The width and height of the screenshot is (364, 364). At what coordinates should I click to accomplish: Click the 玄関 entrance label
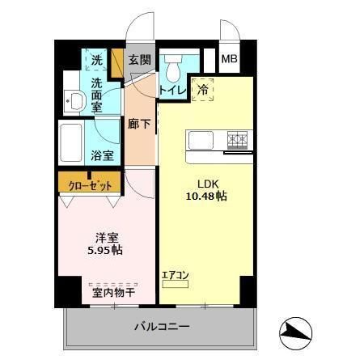[x=139, y=59]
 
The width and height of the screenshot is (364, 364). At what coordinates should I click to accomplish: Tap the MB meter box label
[x=230, y=59]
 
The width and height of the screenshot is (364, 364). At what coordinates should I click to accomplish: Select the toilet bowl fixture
[x=173, y=66]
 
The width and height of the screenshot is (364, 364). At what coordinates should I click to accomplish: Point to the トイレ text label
[x=173, y=91]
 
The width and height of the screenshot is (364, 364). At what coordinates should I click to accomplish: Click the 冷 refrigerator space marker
[x=204, y=90]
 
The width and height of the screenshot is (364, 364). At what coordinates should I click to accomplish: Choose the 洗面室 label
[x=97, y=93]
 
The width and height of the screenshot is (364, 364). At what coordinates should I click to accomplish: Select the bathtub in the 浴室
[x=75, y=143]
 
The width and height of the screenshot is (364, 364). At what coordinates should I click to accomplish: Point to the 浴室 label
[x=102, y=155]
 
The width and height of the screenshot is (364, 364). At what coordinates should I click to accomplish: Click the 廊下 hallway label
[x=138, y=124]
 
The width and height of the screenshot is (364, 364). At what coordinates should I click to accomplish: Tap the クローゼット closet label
[x=89, y=183]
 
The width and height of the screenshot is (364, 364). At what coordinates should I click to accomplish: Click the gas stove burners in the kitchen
[x=237, y=138]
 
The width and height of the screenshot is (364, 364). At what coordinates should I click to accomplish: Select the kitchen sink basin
[x=201, y=140]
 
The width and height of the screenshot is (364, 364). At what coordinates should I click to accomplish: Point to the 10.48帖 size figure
[x=203, y=196]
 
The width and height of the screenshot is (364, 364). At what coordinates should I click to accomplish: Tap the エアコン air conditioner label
[x=176, y=275]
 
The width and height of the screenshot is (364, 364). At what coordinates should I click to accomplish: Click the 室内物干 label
[x=114, y=293]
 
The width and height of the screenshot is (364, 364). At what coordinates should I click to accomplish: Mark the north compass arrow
[x=295, y=330]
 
